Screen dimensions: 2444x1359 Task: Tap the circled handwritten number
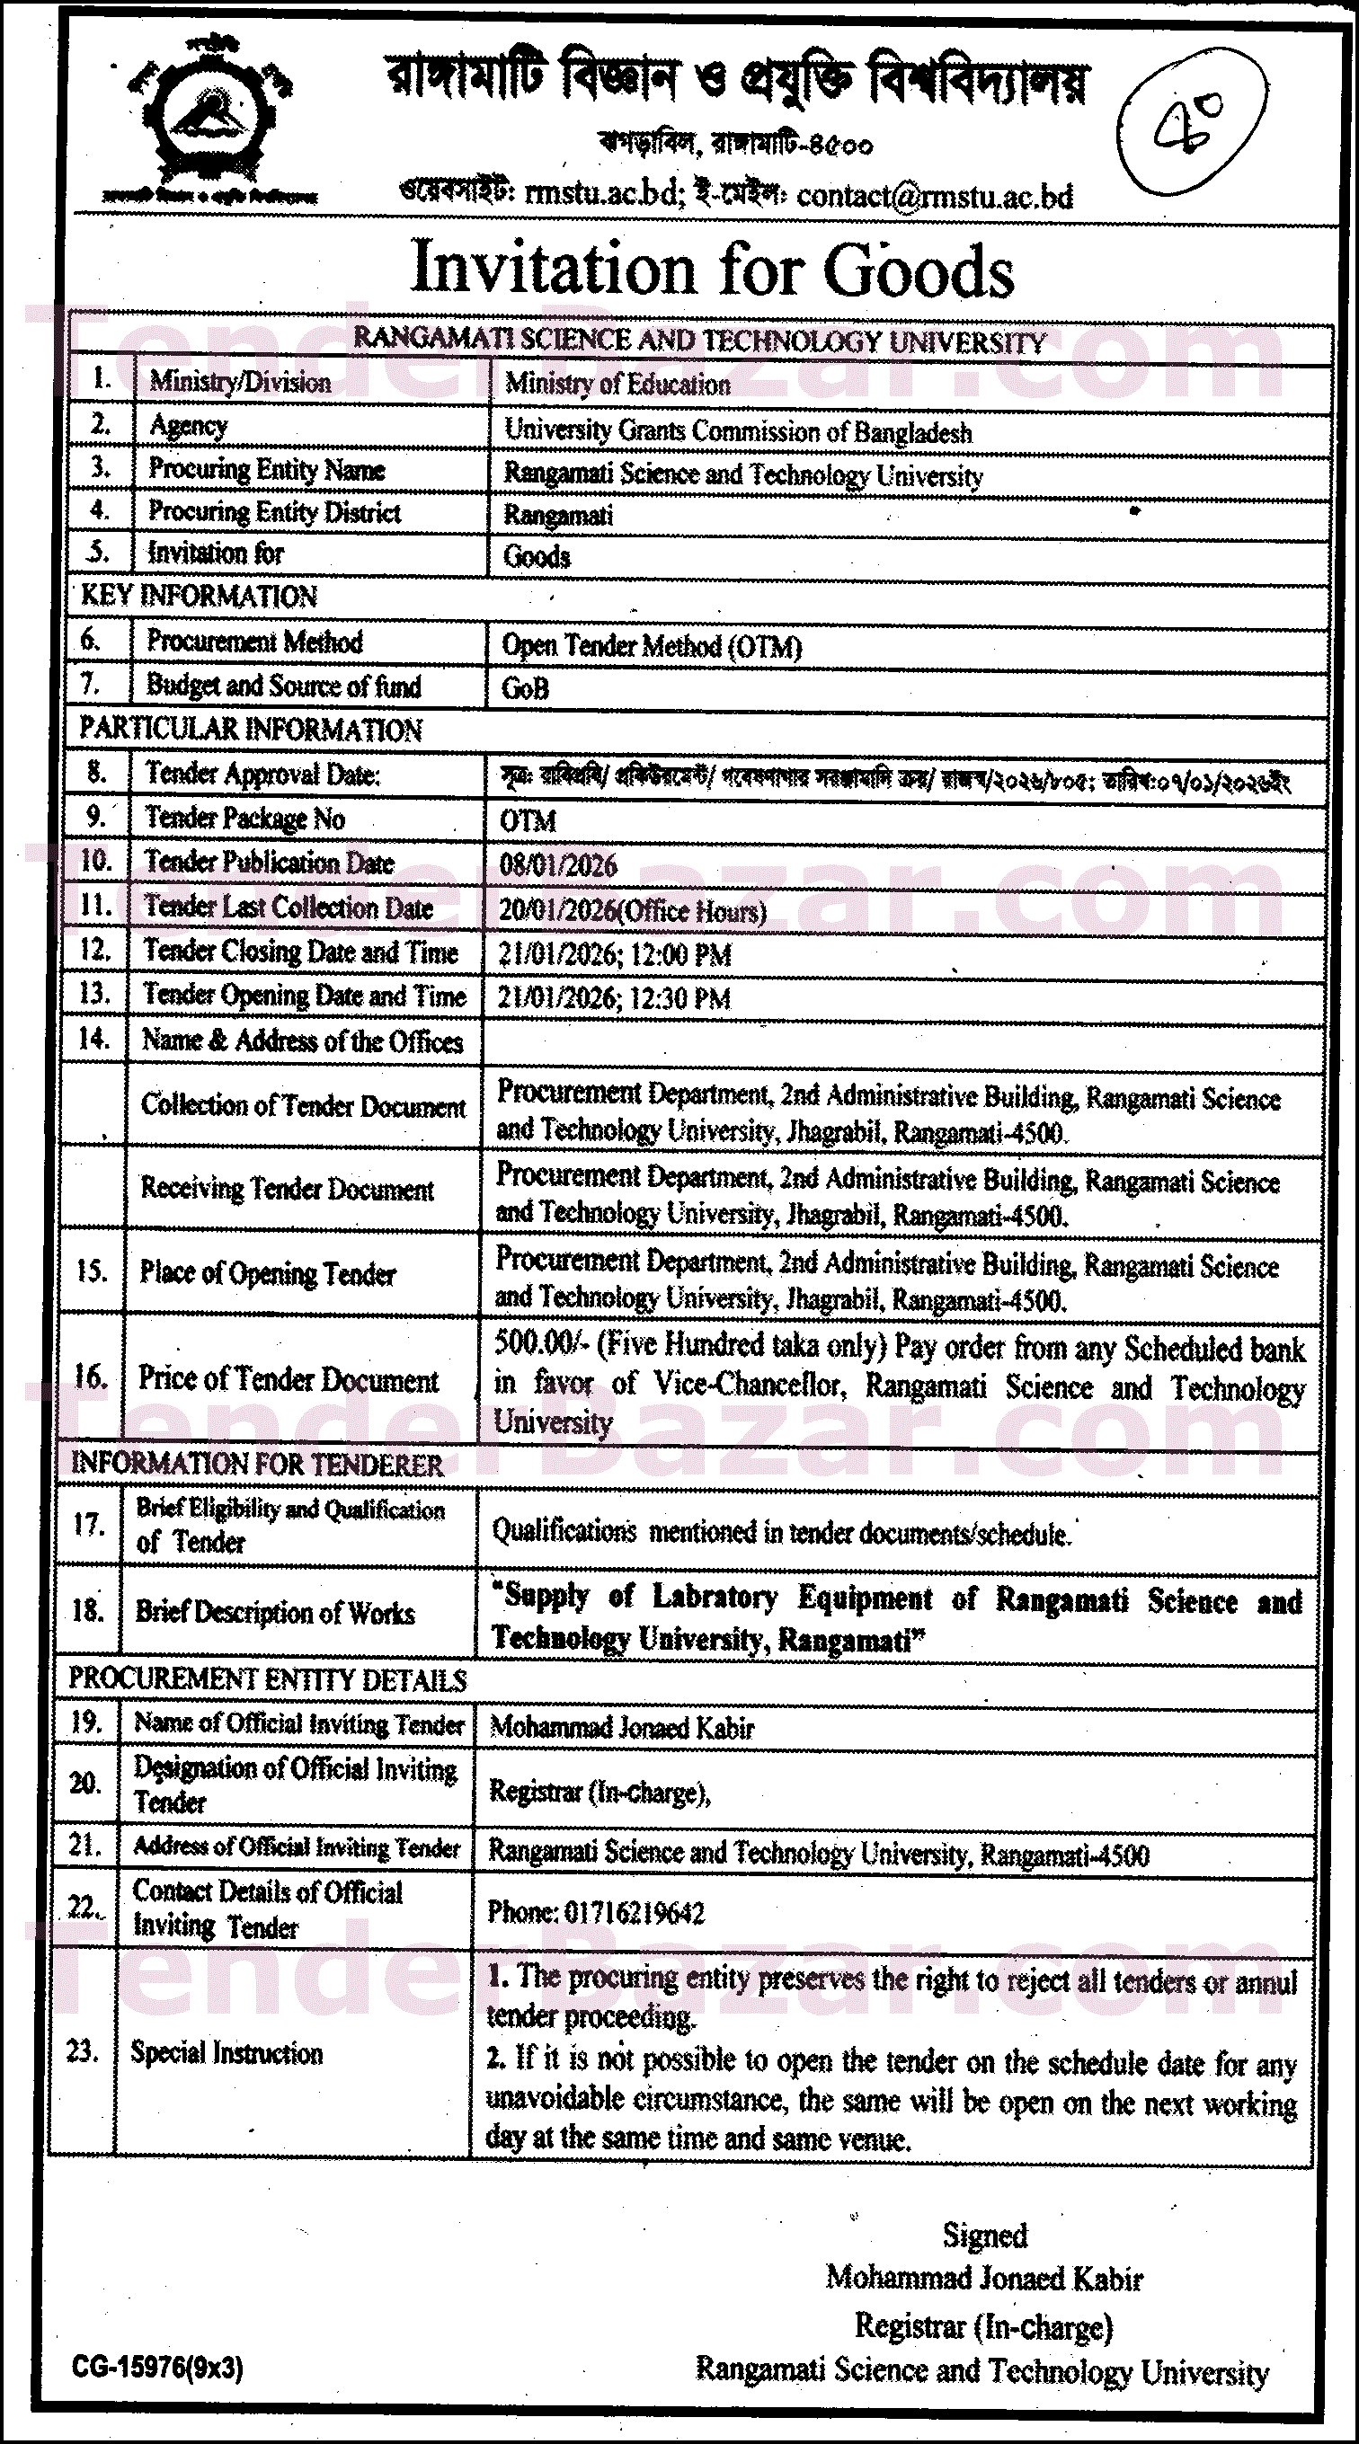coord(1191,121)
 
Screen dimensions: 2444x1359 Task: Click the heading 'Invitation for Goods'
coord(712,270)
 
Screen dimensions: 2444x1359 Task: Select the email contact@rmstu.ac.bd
coord(935,196)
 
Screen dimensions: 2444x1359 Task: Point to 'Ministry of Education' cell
coord(617,385)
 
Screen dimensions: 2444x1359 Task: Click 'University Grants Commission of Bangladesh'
coord(737,431)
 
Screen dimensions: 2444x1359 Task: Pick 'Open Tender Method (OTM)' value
coord(651,646)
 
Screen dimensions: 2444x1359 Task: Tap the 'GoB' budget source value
coord(525,688)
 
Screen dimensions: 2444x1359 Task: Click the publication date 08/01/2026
coord(558,864)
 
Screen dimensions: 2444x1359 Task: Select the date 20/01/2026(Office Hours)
coord(632,910)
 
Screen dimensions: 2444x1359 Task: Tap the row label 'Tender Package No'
coord(244,818)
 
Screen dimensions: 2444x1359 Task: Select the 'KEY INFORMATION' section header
coord(199,596)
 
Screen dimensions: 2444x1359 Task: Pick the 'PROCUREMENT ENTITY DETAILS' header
coord(267,1679)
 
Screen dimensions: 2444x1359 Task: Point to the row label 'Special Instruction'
coord(226,2052)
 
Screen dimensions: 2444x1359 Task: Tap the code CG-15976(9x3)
coord(157,2366)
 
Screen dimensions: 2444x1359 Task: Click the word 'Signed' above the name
coord(984,2235)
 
